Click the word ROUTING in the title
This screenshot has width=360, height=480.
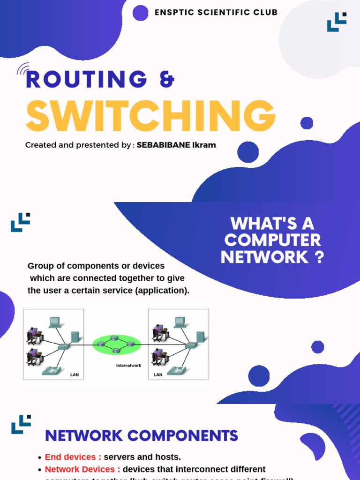[87, 80]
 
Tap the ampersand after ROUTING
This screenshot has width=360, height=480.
[167, 80]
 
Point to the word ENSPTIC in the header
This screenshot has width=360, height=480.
[174, 13]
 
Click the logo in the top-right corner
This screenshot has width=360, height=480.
[337, 22]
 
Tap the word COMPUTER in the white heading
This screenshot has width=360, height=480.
[272, 240]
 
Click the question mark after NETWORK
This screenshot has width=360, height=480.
[320, 257]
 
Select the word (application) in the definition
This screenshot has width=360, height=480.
[162, 291]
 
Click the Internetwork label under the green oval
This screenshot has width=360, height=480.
[128, 365]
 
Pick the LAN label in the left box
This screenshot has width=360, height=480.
[74, 375]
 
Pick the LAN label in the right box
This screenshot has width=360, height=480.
[158, 375]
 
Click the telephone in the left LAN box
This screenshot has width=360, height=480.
[52, 370]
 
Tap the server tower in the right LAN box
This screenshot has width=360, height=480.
[200, 337]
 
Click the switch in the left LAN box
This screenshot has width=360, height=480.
[63, 346]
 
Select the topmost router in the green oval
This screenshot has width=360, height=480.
[114, 338]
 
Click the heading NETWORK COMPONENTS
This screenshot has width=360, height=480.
[141, 436]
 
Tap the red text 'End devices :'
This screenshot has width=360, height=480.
[73, 457]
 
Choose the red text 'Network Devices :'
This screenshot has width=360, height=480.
[82, 469]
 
